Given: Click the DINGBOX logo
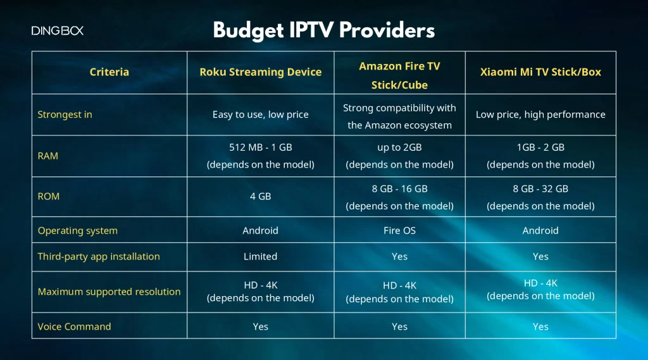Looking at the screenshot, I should (x=58, y=30).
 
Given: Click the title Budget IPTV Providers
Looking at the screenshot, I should (x=323, y=30).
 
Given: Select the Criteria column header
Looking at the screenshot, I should (x=109, y=72).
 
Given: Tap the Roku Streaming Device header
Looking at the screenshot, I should (x=260, y=72).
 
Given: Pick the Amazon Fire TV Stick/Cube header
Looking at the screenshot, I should (x=399, y=75).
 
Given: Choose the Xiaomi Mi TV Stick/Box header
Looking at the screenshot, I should (x=540, y=72).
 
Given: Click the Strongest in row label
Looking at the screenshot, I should (x=65, y=115).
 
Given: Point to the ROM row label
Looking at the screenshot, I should (x=49, y=196).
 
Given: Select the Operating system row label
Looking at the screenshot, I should (x=77, y=230).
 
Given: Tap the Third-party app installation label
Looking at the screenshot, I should (x=99, y=256).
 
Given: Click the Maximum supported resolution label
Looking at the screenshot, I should (x=109, y=292).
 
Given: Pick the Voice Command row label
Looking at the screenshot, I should (x=74, y=326).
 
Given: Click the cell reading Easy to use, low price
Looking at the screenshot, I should (x=260, y=115).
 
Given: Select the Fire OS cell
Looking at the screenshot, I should (x=399, y=230).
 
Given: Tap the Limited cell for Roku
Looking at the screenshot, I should (x=260, y=256).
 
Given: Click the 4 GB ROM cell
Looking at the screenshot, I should (x=260, y=196).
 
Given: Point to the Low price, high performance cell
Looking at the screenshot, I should (x=540, y=115).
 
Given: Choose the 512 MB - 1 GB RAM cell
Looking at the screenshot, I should (x=260, y=156).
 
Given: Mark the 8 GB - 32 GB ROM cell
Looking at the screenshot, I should (x=540, y=197).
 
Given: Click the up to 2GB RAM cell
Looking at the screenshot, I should (x=399, y=156).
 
